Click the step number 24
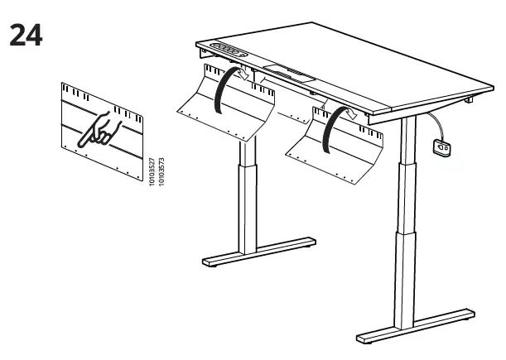(26, 35)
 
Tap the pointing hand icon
(99, 129)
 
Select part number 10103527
(152, 171)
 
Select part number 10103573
(161, 171)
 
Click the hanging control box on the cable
(441, 147)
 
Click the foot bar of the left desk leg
(259, 252)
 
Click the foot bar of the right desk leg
(416, 326)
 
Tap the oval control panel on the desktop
(229, 50)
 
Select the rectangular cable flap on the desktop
(289, 74)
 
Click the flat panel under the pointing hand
(102, 132)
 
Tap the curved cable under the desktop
(437, 124)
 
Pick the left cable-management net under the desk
(226, 102)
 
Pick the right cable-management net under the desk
(335, 145)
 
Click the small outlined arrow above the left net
(243, 74)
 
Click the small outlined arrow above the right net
(351, 113)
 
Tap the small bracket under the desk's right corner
(469, 99)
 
